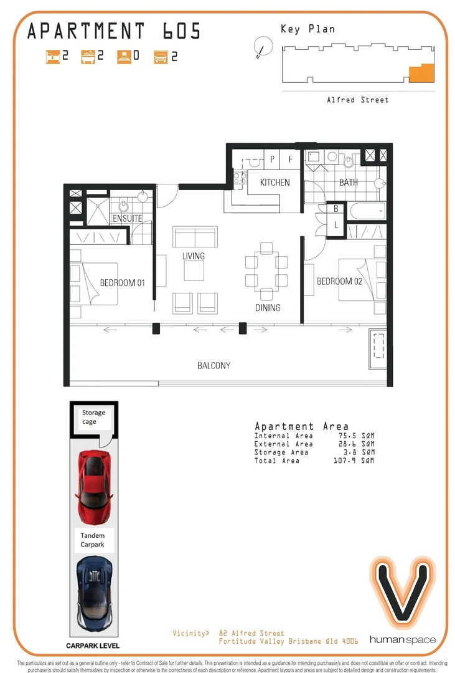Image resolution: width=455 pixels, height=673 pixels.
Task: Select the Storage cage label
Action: [93, 417]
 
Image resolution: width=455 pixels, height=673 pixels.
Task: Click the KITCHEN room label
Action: [274, 183]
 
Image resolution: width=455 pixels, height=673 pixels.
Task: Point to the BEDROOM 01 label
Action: [122, 283]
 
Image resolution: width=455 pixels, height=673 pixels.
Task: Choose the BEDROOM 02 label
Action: [339, 282]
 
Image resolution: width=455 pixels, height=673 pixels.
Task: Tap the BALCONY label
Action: [213, 366]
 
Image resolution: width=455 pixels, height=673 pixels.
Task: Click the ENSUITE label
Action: [127, 219]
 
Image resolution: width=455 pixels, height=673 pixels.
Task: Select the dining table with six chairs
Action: [266, 271]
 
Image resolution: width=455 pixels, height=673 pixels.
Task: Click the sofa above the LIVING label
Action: [195, 238]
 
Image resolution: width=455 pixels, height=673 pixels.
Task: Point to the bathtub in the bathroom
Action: [368, 211]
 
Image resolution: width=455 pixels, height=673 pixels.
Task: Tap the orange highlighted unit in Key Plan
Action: [420, 74]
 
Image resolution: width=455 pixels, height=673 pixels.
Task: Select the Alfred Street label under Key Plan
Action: [357, 100]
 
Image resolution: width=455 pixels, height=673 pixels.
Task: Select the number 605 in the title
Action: [178, 31]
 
